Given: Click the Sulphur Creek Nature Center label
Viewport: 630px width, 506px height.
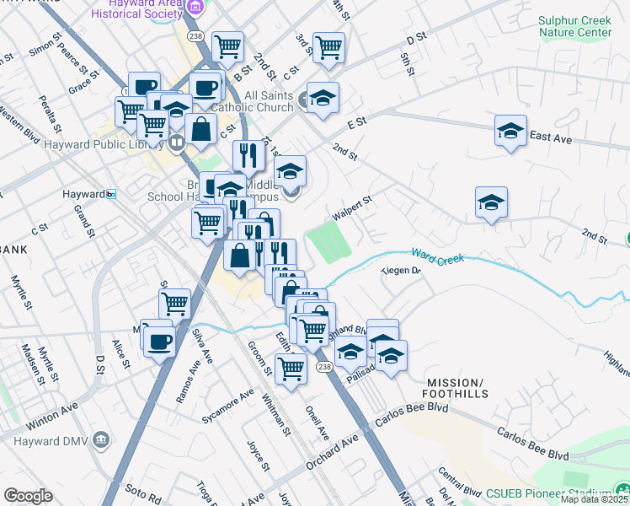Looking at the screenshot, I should (x=575, y=24).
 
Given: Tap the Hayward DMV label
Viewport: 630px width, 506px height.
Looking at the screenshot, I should (x=52, y=440).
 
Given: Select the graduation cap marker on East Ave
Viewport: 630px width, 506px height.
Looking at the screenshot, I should (x=510, y=132).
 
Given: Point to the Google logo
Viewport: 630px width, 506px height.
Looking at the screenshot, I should (x=28, y=496).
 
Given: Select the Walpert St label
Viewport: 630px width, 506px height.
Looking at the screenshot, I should (x=351, y=207).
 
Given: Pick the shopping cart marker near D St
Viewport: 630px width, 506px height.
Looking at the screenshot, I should (x=328, y=46).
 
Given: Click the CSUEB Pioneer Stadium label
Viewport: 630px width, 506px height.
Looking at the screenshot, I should (x=548, y=493).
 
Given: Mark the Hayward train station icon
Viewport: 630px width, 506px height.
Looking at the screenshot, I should (x=111, y=194).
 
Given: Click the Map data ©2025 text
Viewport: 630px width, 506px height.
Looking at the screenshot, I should (x=595, y=500).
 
